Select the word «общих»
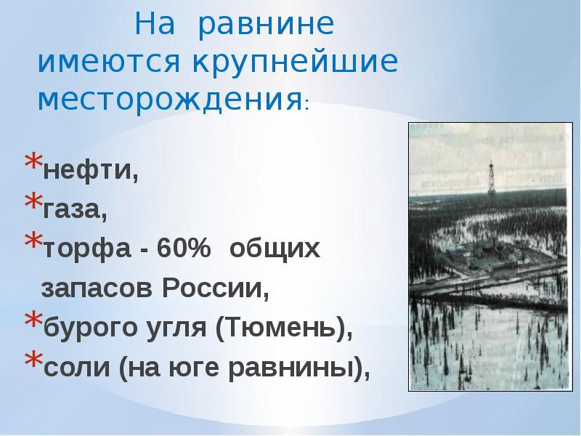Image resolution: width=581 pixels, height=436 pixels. click(x=275, y=249)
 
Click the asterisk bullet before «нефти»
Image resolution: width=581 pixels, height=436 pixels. click(x=33, y=163)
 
